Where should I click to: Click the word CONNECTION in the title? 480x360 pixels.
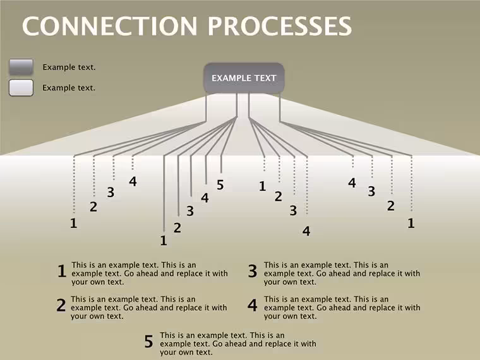pos(110,26)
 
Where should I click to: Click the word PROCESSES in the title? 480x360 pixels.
pos(280,26)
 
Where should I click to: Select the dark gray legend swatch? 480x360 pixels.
pos(21,67)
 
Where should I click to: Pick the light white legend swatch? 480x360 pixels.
pos(21,88)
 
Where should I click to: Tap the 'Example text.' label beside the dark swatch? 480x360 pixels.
pos(69,68)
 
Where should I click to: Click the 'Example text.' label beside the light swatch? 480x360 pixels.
pos(69,88)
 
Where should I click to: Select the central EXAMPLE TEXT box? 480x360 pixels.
pos(244,78)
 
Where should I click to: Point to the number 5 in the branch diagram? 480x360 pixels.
pos(220,185)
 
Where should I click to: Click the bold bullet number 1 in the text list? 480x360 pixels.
pos(62,271)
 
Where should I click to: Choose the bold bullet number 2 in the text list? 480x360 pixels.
pos(61,305)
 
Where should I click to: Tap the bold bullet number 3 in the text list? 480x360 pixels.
pos(253,271)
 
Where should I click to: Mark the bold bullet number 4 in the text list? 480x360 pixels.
pos(253,305)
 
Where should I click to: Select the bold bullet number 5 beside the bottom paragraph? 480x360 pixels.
pos(149,341)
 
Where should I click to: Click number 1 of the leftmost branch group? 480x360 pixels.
pos(73,223)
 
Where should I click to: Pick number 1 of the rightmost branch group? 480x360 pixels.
pos(411,223)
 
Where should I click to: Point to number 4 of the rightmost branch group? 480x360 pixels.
pos(352,183)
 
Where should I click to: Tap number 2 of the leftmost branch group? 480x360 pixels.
pos(93,207)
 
